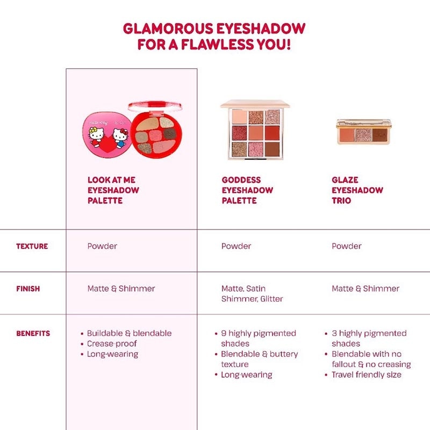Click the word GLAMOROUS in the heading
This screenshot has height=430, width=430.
166,28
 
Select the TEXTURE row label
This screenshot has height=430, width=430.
32,246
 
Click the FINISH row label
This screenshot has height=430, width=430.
28,289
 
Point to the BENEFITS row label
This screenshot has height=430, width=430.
33,333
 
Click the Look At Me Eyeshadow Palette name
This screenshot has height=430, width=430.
113,190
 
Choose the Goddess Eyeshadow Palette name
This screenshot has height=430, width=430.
247,190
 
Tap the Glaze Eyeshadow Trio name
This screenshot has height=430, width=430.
357,190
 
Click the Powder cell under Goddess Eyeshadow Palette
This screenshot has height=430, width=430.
236,246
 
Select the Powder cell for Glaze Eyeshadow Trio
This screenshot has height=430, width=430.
346,246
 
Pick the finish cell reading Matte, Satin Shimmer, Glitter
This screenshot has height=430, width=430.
252,293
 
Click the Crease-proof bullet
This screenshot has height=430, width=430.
112,343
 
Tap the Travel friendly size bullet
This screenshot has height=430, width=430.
366,375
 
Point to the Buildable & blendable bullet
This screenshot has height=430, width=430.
129,333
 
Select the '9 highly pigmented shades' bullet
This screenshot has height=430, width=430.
258,338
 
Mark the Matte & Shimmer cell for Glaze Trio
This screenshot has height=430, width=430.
365,289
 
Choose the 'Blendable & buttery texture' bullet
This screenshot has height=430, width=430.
259,359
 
